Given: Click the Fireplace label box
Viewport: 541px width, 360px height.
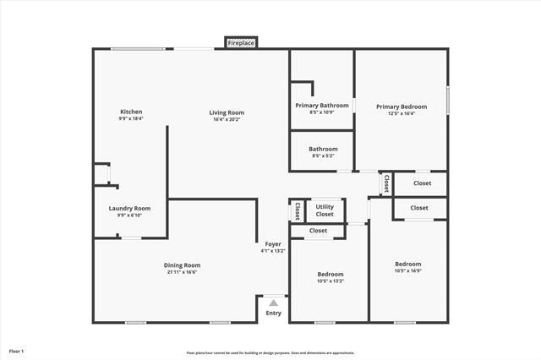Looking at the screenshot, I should [x=241, y=42].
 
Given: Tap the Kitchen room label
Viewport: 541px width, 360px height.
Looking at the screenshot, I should [x=131, y=112].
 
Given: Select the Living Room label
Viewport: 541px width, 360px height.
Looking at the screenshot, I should [x=227, y=112].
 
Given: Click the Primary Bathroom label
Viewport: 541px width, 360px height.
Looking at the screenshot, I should [x=322, y=106].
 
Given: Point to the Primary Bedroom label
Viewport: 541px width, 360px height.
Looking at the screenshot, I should [x=402, y=106].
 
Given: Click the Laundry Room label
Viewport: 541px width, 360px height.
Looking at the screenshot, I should [x=130, y=208].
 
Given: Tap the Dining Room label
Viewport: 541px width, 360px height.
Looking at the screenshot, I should [x=183, y=265].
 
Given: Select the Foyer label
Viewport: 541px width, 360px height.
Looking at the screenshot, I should [x=273, y=244].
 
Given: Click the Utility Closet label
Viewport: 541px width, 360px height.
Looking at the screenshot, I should [x=325, y=210].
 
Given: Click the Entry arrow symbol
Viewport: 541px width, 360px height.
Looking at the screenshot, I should [x=273, y=303].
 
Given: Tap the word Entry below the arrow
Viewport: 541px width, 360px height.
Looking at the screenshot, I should [x=273, y=313].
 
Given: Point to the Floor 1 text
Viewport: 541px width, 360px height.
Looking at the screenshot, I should [x=17, y=350].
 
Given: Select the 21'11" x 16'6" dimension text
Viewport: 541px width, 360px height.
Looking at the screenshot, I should [x=183, y=272].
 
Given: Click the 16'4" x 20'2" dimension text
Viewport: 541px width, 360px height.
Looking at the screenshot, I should [x=227, y=119].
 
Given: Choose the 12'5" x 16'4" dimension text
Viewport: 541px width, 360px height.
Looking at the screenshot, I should [x=402, y=113].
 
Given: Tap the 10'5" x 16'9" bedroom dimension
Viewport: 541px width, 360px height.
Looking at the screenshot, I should [x=408, y=271].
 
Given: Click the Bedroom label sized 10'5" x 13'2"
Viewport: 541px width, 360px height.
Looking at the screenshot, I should [x=331, y=274].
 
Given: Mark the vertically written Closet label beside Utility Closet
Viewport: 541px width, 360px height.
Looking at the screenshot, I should [x=298, y=210].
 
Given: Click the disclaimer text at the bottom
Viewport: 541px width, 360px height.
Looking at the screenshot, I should [x=270, y=352].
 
